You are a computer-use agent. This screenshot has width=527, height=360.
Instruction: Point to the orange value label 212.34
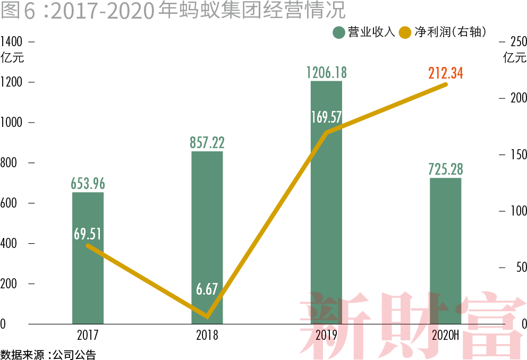click(x=445, y=73)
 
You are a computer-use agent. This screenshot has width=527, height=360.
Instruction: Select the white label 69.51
click(x=88, y=234)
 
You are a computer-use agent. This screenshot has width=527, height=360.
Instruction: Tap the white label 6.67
click(x=207, y=289)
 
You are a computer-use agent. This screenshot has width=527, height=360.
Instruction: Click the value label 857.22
click(x=207, y=142)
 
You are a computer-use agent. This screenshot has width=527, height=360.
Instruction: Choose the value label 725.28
click(x=445, y=169)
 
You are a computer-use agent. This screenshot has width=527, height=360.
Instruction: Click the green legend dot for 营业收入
click(x=339, y=32)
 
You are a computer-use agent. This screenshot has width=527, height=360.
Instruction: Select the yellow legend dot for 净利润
click(x=406, y=32)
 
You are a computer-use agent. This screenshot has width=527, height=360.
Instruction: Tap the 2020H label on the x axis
click(x=445, y=336)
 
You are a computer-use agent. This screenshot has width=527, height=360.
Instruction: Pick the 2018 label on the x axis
click(x=207, y=336)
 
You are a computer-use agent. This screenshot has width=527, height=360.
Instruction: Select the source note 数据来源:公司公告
click(x=48, y=354)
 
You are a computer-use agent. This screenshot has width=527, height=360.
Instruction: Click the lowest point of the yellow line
click(x=207, y=318)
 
